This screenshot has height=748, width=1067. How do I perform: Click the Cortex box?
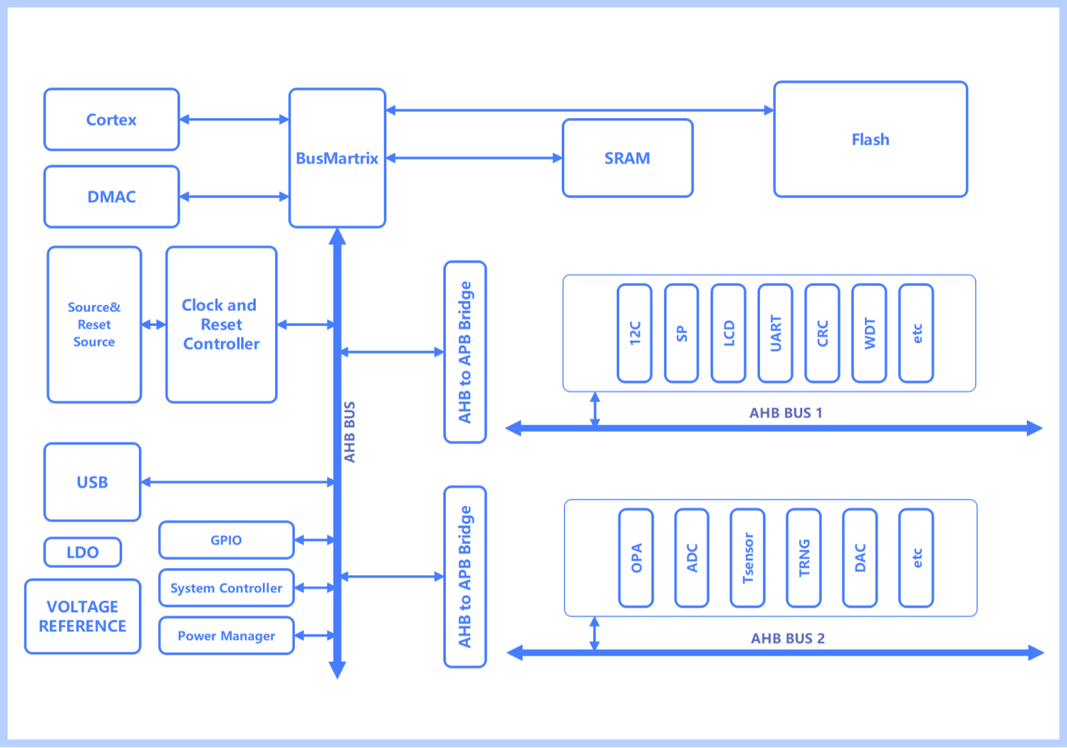(x=111, y=120)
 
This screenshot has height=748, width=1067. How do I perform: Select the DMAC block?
(x=111, y=197)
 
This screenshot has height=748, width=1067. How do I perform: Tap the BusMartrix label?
(x=337, y=159)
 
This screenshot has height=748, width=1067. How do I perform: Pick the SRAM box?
(x=628, y=159)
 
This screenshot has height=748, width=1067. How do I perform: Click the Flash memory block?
(x=870, y=139)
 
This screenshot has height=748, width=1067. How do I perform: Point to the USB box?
(x=92, y=482)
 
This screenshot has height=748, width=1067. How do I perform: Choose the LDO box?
(x=83, y=552)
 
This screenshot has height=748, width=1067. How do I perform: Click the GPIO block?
(x=226, y=540)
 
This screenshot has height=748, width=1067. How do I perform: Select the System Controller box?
(x=226, y=588)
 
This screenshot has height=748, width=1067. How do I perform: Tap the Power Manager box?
(x=226, y=636)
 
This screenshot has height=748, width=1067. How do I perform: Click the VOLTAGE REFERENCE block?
(x=83, y=616)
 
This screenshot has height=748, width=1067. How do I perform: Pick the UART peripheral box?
(x=775, y=333)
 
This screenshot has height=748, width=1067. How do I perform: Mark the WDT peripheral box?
(x=869, y=333)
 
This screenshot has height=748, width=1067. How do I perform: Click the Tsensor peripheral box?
(x=748, y=558)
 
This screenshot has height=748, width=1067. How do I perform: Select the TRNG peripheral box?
(x=804, y=558)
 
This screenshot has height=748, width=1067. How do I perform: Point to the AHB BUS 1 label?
(x=786, y=413)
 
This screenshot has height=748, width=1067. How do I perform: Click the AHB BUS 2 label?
(x=787, y=639)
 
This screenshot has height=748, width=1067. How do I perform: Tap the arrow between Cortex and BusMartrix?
(x=234, y=120)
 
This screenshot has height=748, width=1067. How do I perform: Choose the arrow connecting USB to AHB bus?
(x=237, y=482)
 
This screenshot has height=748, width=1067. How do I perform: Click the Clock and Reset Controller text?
(x=221, y=325)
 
